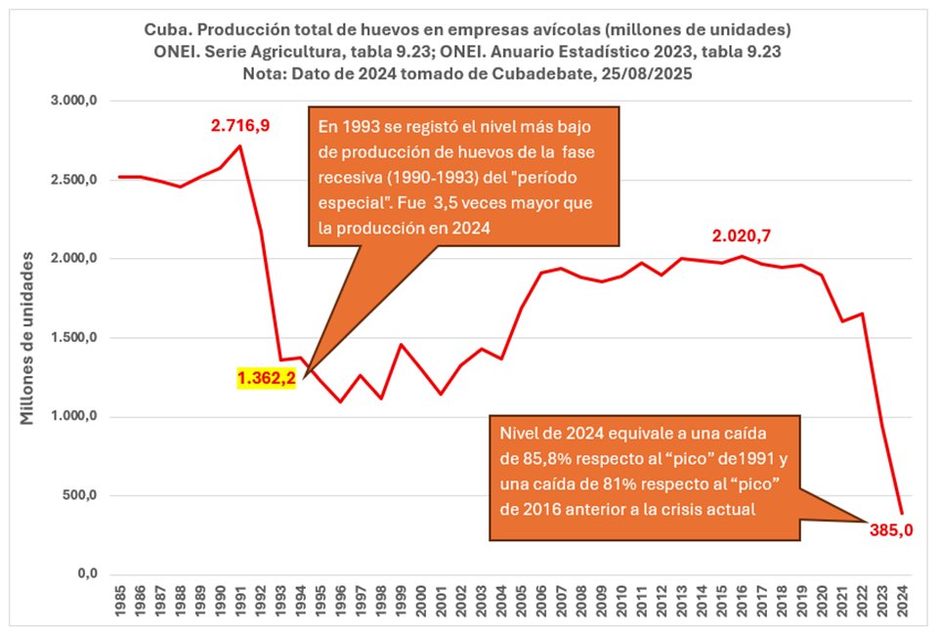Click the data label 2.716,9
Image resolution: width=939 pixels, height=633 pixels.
click(x=240, y=126)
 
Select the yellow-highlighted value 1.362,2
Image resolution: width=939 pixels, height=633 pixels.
click(x=266, y=377)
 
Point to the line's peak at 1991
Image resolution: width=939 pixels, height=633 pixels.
click(x=240, y=147)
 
